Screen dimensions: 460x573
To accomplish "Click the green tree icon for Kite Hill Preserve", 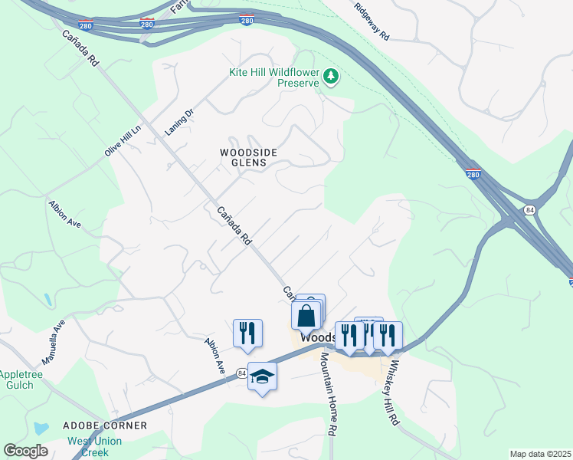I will (x=331, y=75).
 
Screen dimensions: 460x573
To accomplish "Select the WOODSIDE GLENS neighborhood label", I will (x=243, y=157).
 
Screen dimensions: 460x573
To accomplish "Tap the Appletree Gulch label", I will (x=17, y=379).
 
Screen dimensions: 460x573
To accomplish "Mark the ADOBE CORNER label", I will (x=104, y=425).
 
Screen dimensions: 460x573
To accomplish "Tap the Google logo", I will (x=25, y=451).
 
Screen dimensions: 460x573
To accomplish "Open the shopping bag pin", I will (x=306, y=315).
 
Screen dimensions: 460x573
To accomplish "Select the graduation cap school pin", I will (x=262, y=376).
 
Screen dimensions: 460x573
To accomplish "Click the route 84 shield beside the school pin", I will (x=242, y=373).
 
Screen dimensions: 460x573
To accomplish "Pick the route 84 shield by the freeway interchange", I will (x=529, y=209).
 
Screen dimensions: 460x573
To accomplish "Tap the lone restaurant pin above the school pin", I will (x=247, y=333).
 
